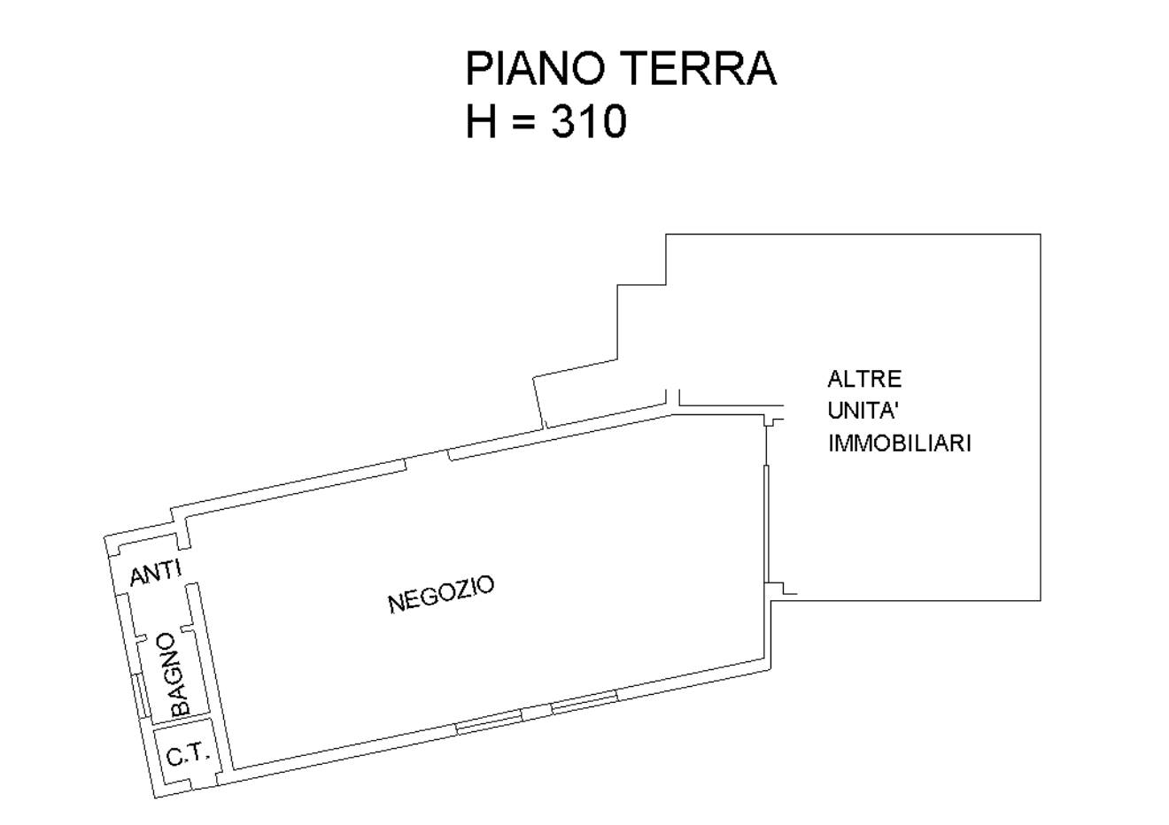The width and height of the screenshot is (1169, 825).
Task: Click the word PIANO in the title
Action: coord(535,68)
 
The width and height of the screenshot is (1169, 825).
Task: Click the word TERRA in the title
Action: coord(701,68)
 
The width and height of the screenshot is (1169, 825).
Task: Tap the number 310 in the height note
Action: coord(589,121)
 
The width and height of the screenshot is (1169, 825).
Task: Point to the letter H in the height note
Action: coord(481,121)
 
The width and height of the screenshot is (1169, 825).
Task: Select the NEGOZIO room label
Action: coord(441,594)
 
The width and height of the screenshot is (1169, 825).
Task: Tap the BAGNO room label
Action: coord(177,675)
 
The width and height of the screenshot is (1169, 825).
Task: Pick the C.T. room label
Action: coord(188,754)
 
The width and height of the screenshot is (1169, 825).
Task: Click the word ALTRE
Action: coord(864,379)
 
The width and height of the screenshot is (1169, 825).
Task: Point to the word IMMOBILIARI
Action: coord(900,443)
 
